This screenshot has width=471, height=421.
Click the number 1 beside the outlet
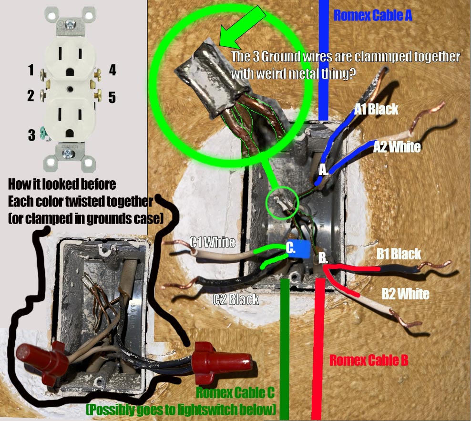point(31,71)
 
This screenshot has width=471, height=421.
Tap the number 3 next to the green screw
point(31,135)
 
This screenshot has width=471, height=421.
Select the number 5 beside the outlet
point(112,98)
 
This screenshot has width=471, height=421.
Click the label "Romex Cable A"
point(372,15)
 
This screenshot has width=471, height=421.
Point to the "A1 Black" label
point(376,109)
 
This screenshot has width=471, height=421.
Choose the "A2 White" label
point(397,146)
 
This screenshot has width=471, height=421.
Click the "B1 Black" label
point(399,254)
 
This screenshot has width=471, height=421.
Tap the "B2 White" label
point(405,293)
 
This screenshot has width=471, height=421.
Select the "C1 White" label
point(213,242)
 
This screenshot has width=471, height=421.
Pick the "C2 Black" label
point(235,299)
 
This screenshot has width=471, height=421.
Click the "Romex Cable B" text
point(369,360)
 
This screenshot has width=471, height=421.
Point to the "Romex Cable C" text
point(235,393)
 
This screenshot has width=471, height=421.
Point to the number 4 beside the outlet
point(112,70)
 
